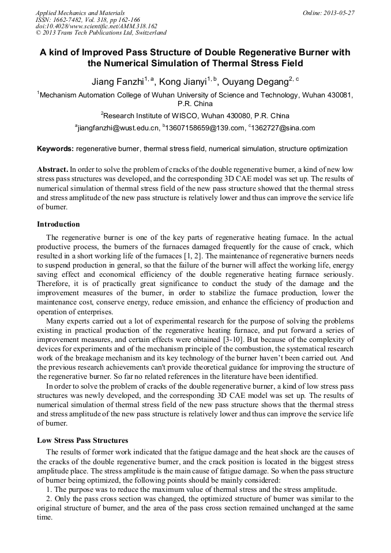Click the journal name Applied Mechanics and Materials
[80, 13]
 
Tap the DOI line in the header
[96, 26]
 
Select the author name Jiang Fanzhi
[117, 81]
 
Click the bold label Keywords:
[55, 149]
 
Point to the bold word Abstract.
[52, 170]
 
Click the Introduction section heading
[58, 224]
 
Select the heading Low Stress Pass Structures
[82, 441]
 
